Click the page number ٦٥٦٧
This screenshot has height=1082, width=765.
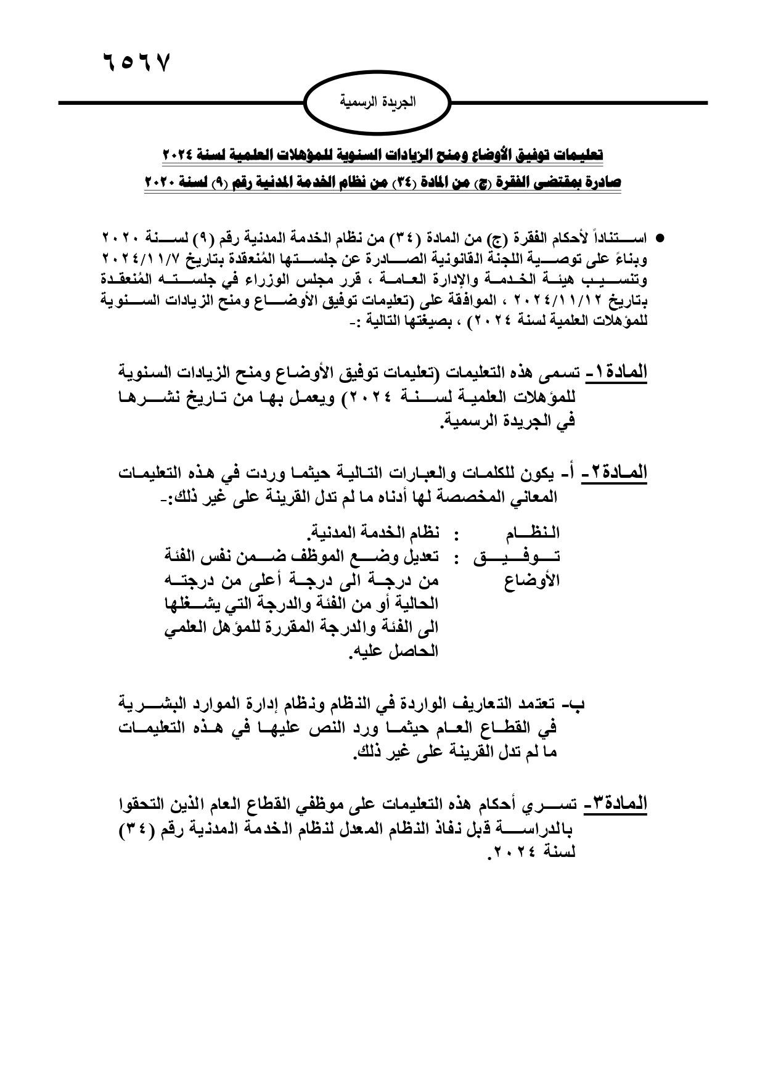(134, 63)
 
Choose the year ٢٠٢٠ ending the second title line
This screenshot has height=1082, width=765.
(162, 184)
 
